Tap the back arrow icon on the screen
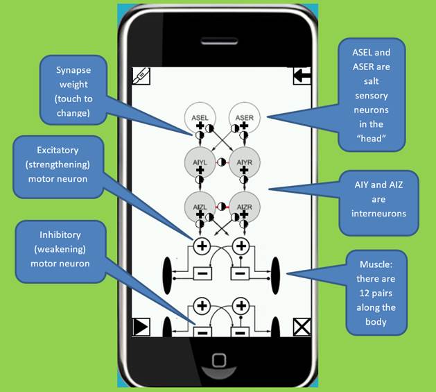click(x=302, y=76)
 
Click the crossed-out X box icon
click(x=302, y=327)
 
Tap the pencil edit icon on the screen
click(x=141, y=76)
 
